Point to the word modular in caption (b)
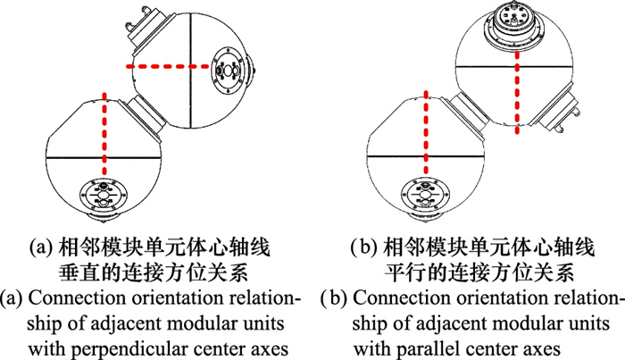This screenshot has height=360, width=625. click(x=515, y=319)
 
